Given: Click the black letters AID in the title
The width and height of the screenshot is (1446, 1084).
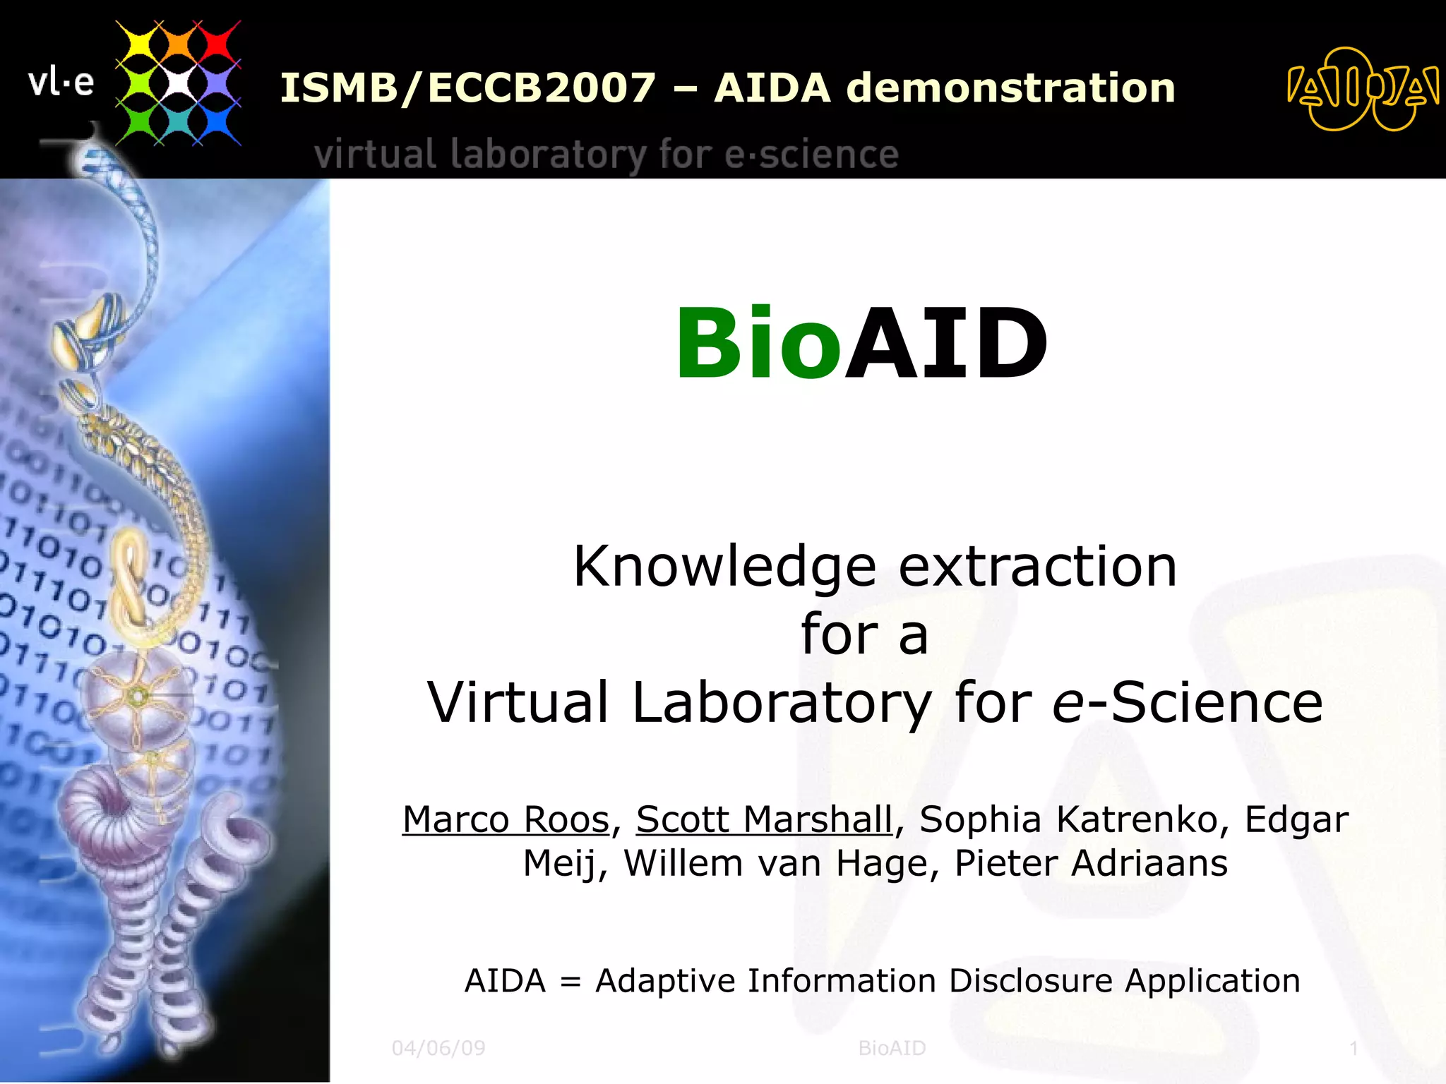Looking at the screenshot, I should pos(946,344).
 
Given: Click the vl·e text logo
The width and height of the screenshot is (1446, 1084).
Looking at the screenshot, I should pos(61,83).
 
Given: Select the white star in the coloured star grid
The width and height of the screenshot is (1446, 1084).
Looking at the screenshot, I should pos(178,83).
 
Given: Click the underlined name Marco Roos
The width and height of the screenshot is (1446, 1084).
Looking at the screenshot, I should pos(506,820).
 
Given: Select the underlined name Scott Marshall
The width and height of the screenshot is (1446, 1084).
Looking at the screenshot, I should pos(764,820).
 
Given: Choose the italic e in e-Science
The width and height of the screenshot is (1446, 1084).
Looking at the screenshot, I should pos(1067,704).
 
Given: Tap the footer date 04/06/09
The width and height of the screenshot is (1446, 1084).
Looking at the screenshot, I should pos(438,1048).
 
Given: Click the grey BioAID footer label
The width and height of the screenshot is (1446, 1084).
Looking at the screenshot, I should pos(892,1048).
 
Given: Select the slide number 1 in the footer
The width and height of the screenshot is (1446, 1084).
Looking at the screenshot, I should pos(1354,1048).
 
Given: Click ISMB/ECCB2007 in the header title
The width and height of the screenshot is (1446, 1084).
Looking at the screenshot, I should pos(468,88).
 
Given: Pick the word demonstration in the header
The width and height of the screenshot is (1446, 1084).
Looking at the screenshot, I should pos(1010,88).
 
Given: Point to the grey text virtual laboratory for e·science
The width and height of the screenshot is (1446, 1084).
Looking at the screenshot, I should pos(606,155).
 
